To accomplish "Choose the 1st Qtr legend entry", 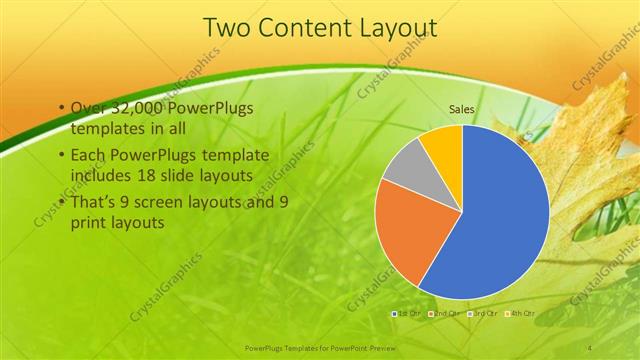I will click(407, 314).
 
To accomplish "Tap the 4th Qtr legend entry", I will click(519, 314).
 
